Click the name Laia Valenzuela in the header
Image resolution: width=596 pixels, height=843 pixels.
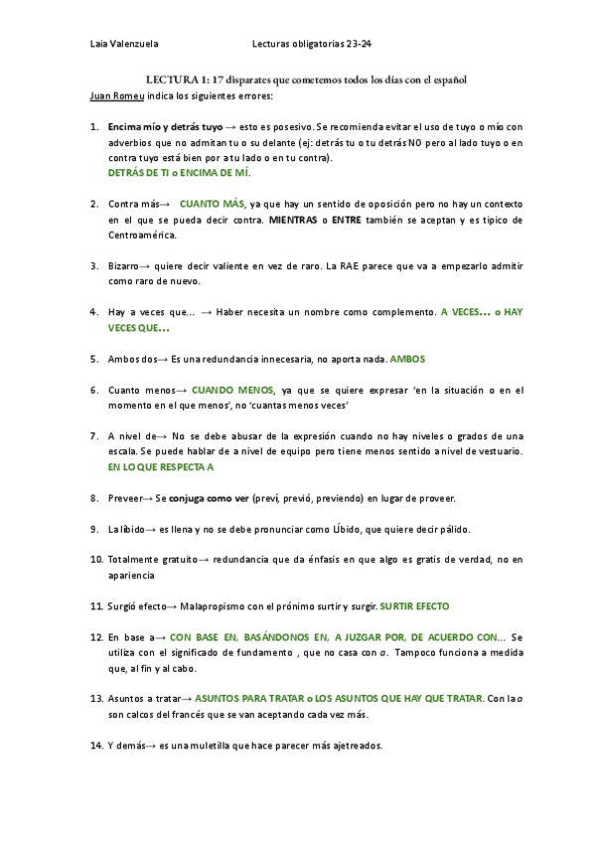click(x=124, y=44)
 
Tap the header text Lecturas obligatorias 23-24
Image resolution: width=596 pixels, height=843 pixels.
click(x=312, y=44)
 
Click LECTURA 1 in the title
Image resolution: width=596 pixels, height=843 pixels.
click(x=178, y=79)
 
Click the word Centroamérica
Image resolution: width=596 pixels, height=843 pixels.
click(x=143, y=236)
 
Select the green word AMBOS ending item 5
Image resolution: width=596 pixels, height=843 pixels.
click(x=406, y=358)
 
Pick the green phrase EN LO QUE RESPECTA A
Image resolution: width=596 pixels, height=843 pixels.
click(x=161, y=466)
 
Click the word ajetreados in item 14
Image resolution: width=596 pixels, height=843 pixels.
click(x=352, y=746)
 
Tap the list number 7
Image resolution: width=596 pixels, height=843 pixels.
click(x=93, y=435)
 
